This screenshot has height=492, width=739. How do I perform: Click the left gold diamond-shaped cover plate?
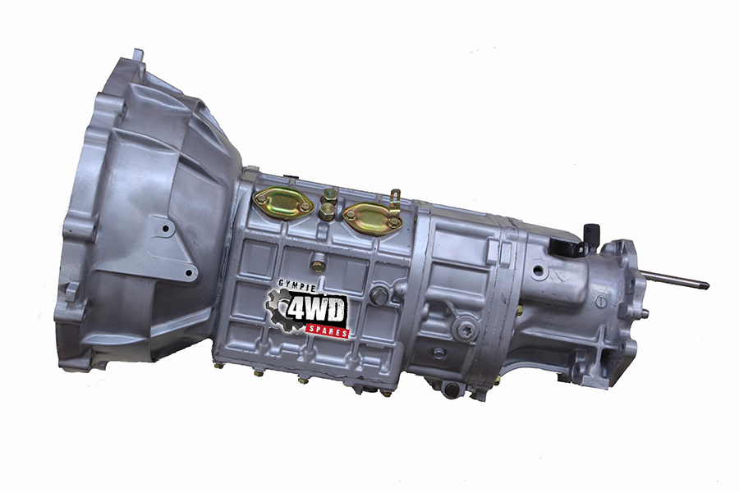coord(283,203)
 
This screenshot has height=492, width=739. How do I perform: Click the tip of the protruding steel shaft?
coord(706,285)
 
